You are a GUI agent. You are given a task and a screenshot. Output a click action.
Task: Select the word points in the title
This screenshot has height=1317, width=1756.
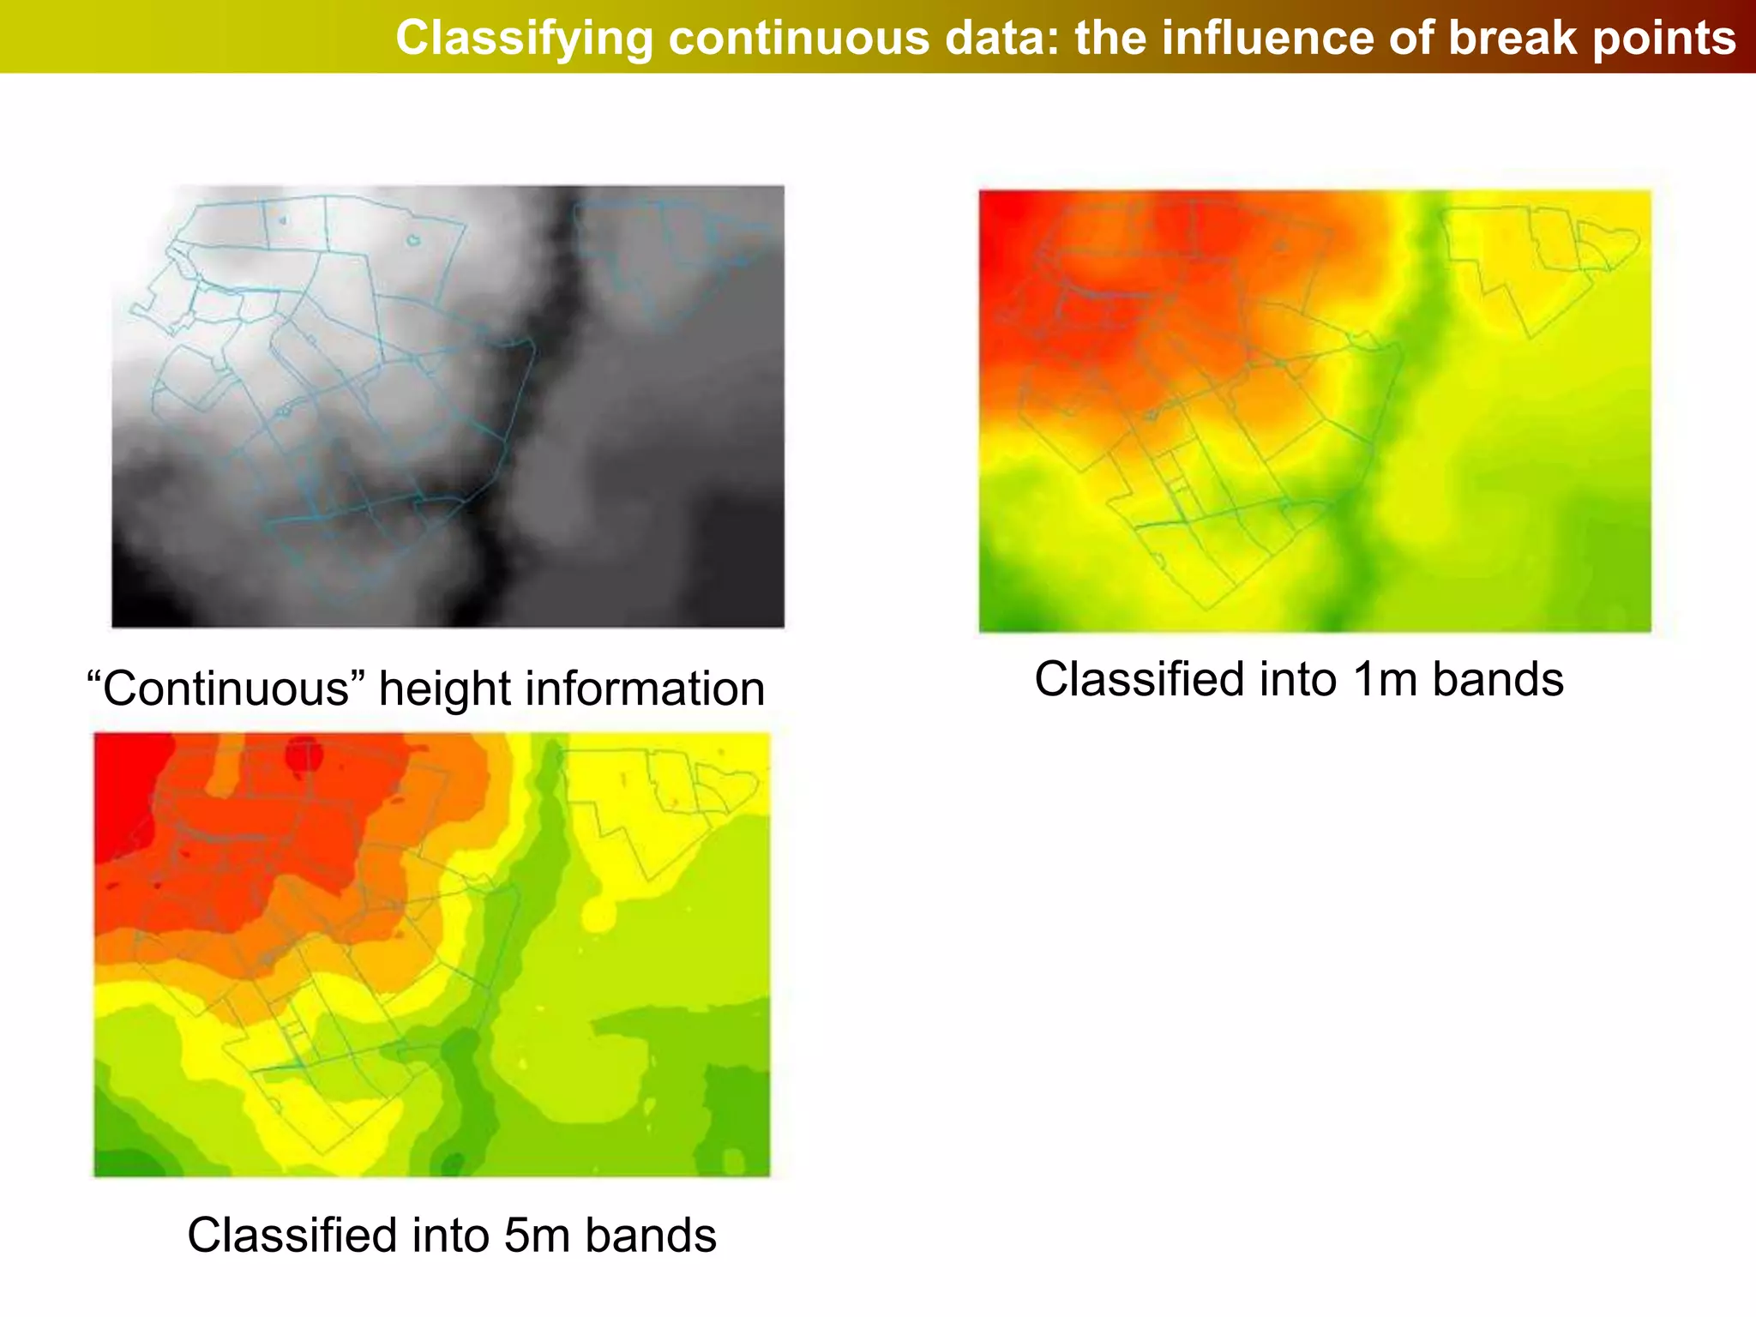(x=1664, y=39)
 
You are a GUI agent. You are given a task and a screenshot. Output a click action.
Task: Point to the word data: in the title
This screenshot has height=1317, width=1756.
(x=1004, y=39)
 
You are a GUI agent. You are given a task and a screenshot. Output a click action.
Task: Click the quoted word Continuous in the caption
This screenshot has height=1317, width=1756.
(x=226, y=689)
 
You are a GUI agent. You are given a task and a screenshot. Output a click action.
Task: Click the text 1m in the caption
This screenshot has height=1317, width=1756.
(x=1386, y=679)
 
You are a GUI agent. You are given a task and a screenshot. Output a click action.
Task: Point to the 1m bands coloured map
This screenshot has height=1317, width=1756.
(x=1314, y=412)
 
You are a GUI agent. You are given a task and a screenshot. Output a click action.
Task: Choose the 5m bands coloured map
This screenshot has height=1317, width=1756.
(x=431, y=954)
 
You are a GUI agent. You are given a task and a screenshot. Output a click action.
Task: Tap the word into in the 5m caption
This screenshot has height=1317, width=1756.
(x=451, y=1236)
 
